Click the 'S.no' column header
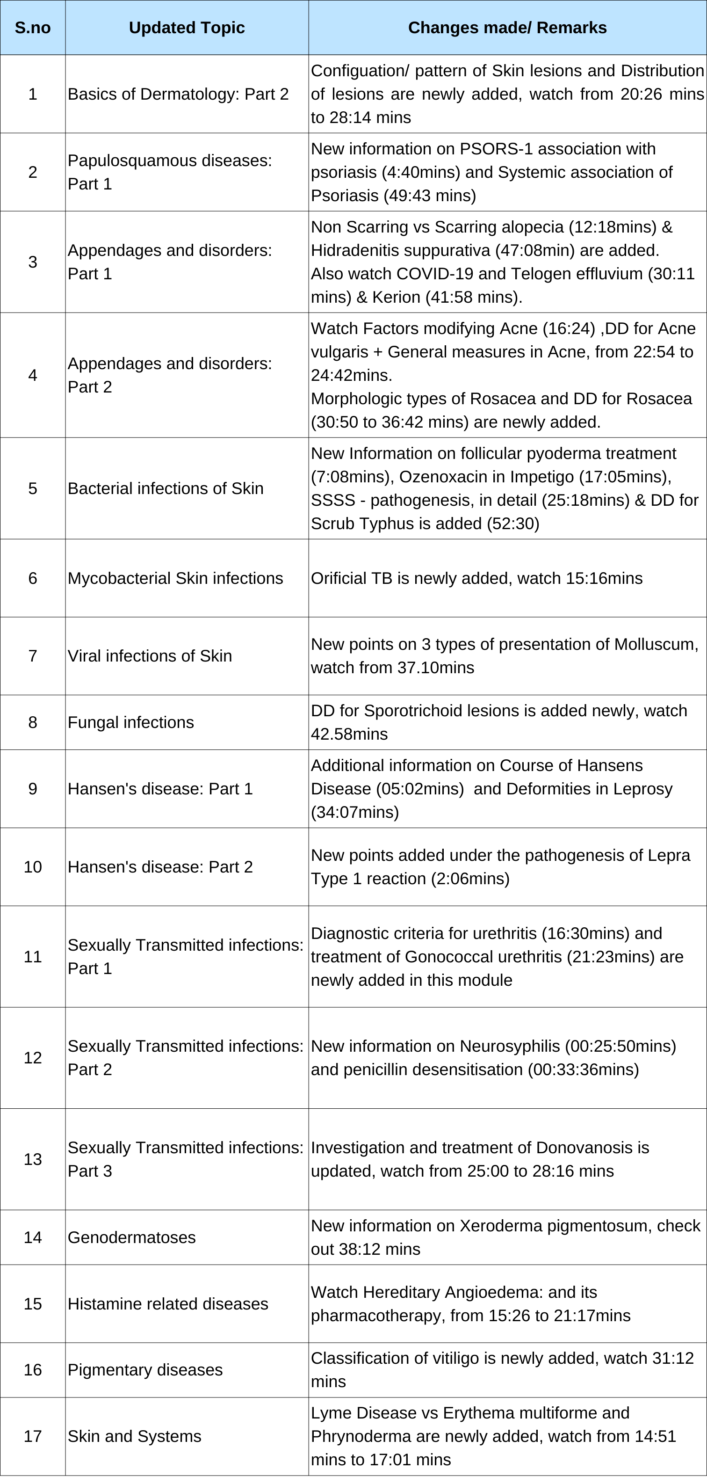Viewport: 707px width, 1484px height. click(x=33, y=28)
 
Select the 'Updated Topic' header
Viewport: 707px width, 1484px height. click(x=187, y=28)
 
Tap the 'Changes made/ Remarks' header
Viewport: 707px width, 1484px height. click(x=507, y=28)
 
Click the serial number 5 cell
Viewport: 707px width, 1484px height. click(x=33, y=488)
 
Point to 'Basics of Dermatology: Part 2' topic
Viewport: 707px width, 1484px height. click(x=178, y=94)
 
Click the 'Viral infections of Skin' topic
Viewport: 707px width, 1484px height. click(x=150, y=656)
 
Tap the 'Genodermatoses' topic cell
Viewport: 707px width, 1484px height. click(x=131, y=1237)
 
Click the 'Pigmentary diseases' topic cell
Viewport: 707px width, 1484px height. click(x=145, y=1370)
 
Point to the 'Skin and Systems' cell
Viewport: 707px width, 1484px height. click(x=134, y=1437)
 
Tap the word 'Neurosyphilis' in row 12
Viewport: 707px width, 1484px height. click(x=510, y=1046)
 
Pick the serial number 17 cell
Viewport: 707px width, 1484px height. click(x=33, y=1437)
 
